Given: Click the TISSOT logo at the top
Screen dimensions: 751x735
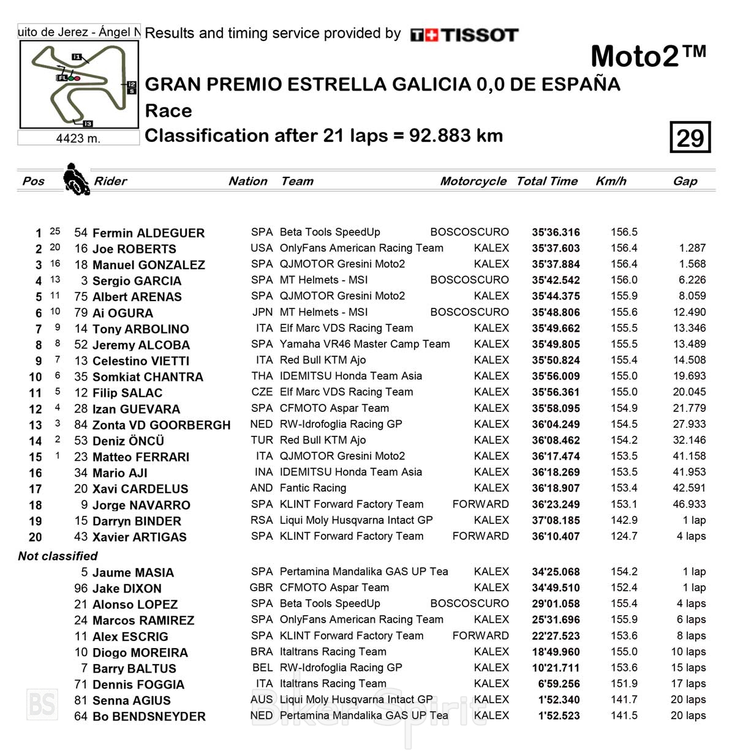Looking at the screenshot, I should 464,35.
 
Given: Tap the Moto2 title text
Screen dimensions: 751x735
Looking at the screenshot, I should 647,57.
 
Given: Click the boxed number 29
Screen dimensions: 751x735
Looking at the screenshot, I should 690,137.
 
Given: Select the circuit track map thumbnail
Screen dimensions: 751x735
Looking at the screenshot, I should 78,84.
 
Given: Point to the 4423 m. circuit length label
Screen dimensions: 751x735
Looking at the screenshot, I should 78,138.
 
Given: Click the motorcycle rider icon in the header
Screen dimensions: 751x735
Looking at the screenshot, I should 76,179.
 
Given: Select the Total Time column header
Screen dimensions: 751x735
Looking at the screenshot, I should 546,181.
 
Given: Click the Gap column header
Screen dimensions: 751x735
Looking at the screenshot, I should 685,181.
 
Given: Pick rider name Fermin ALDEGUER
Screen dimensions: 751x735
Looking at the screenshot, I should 148,233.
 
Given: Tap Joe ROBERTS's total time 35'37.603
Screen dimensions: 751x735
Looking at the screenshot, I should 556,248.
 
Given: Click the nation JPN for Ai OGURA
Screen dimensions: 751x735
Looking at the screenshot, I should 262,312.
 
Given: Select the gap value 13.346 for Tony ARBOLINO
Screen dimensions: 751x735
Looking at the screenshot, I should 689,328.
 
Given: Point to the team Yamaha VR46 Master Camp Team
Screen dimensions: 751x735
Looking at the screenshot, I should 364,344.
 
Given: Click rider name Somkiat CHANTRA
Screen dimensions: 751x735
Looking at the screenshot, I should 147,377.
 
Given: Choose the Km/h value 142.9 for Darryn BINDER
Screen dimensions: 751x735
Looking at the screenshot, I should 624,520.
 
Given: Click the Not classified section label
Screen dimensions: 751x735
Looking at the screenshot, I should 58,556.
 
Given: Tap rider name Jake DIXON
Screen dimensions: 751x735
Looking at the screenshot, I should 127,589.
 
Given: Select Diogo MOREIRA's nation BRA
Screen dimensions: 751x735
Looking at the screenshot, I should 262,652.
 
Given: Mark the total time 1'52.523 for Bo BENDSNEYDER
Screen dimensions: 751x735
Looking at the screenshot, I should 556,716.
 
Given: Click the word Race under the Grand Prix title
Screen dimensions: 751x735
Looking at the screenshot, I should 168,111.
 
